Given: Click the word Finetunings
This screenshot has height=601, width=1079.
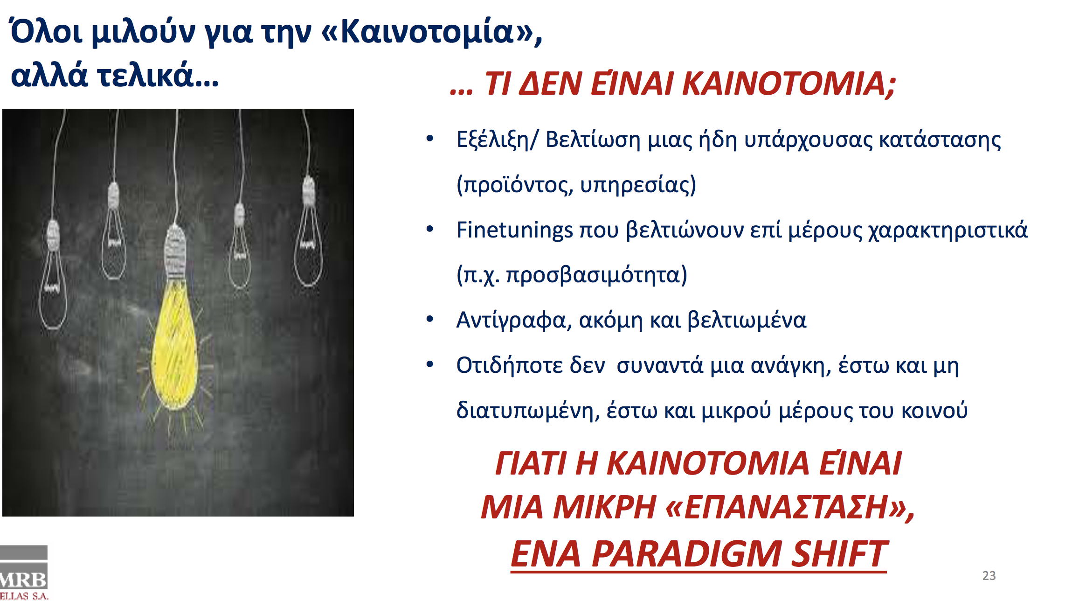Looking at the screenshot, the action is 514,230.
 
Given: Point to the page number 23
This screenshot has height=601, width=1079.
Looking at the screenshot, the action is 989,576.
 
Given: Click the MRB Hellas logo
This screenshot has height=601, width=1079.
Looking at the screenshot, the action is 23,573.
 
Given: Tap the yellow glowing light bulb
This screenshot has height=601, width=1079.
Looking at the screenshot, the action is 175,345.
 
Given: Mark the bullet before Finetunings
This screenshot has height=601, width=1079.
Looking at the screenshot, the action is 430,229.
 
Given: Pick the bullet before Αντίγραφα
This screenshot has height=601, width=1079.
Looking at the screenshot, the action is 430,319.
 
